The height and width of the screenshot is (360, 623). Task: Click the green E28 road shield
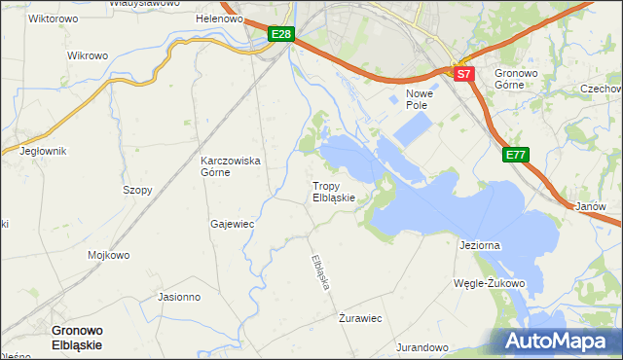pyautogui.click(x=281, y=35)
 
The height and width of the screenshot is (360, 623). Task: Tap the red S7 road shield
pyautogui.click(x=463, y=74)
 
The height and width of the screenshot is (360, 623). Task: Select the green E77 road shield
pyautogui.click(x=517, y=155)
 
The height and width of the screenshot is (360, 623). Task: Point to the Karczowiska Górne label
pyautogui.click(x=230, y=166)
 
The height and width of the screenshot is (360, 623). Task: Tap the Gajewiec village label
pyautogui.click(x=232, y=224)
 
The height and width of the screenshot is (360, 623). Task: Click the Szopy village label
pyautogui.click(x=137, y=191)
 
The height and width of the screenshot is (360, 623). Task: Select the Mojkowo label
pyautogui.click(x=109, y=256)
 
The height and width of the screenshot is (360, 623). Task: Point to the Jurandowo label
pyautogui.click(x=421, y=347)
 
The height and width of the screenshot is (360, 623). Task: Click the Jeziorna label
pyautogui.click(x=479, y=246)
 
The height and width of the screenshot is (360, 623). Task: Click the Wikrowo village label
pyautogui.click(x=88, y=55)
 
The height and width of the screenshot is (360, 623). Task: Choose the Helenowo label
pyautogui.click(x=219, y=19)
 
